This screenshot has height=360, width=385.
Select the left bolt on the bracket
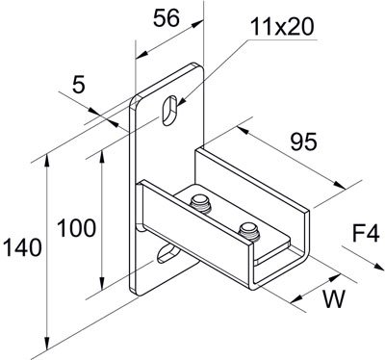(x=201, y=202)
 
